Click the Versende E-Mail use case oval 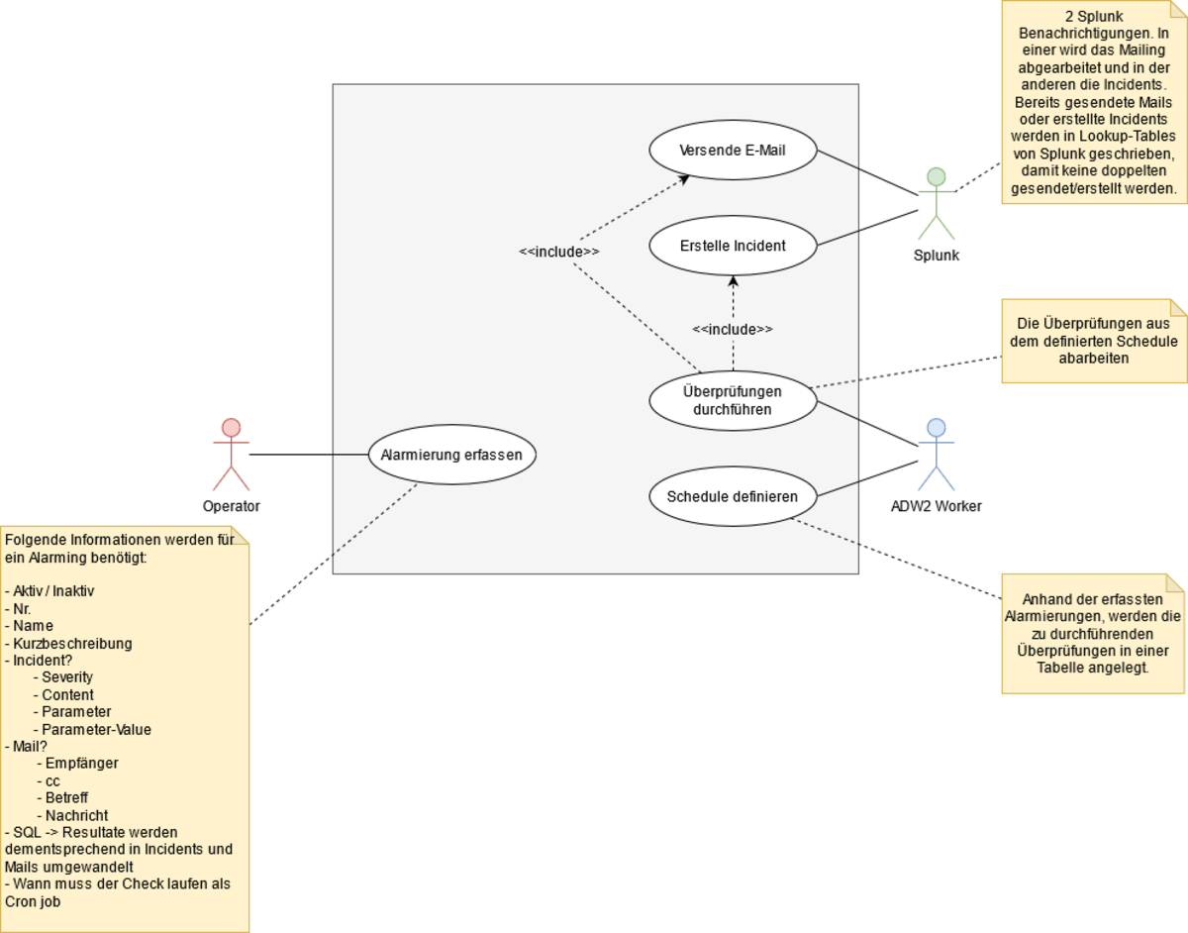coord(733,151)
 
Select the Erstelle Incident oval coord(733,245)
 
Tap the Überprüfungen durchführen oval coord(733,399)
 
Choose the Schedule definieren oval coord(733,496)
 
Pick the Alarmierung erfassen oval coord(451,456)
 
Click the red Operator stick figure coord(231,455)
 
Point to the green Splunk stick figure coord(936,204)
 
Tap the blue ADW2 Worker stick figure coord(936,455)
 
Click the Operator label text coord(231,506)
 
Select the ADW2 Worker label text coord(936,506)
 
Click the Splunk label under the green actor coord(936,256)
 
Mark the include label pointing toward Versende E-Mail coord(559,252)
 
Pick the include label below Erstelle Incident coord(733,329)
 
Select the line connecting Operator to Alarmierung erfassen coord(307,455)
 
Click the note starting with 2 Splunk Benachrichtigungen coord(1093,101)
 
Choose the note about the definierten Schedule coord(1093,341)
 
